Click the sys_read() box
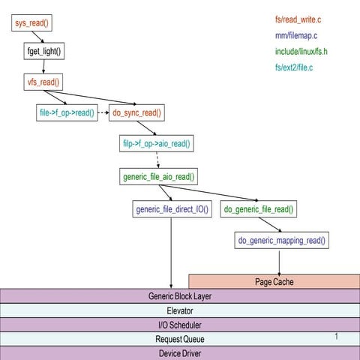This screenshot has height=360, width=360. tap(31, 24)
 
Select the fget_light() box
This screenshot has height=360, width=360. tap(43, 52)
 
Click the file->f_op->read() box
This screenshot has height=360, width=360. tap(66, 112)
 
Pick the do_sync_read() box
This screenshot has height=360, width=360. tap(137, 112)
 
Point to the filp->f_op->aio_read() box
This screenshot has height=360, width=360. tap(157, 143)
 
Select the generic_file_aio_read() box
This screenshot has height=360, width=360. tap(158, 177)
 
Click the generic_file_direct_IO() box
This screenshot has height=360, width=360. tap(171, 208)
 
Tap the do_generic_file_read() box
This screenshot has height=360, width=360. tap(259, 208)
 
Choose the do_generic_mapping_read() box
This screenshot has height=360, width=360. tap(283, 240)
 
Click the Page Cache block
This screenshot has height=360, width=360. tap(274, 282)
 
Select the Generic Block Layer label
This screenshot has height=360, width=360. tap(180, 296)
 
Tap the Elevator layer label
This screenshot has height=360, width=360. tap(180, 310)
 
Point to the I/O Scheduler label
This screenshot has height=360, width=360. tap(180, 325)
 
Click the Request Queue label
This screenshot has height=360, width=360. tap(180, 339)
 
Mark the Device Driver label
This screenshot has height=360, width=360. tap(180, 353)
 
